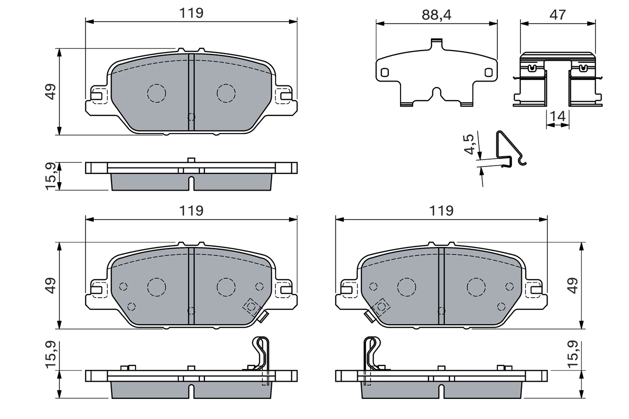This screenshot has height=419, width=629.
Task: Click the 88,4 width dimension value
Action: coord(436,15)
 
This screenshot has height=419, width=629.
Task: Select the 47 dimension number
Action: coord(558,15)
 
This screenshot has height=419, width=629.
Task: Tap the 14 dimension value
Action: coord(558,116)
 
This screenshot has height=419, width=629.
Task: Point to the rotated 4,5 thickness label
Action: coord(469,144)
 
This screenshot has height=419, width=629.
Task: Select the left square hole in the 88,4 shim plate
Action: coord(385,72)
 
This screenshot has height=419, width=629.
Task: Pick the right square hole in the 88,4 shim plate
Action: coord(488,72)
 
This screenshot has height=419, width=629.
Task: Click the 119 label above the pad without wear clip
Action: coord(191,13)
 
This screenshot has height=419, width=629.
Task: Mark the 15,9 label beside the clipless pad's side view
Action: coord(51,176)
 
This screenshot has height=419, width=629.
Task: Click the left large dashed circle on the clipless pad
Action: coord(157,93)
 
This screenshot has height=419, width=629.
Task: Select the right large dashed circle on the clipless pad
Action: coord(226,93)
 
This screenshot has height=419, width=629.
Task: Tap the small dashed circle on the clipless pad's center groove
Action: coord(191,117)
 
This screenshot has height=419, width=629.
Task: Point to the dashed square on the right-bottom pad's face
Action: coord(380,307)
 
